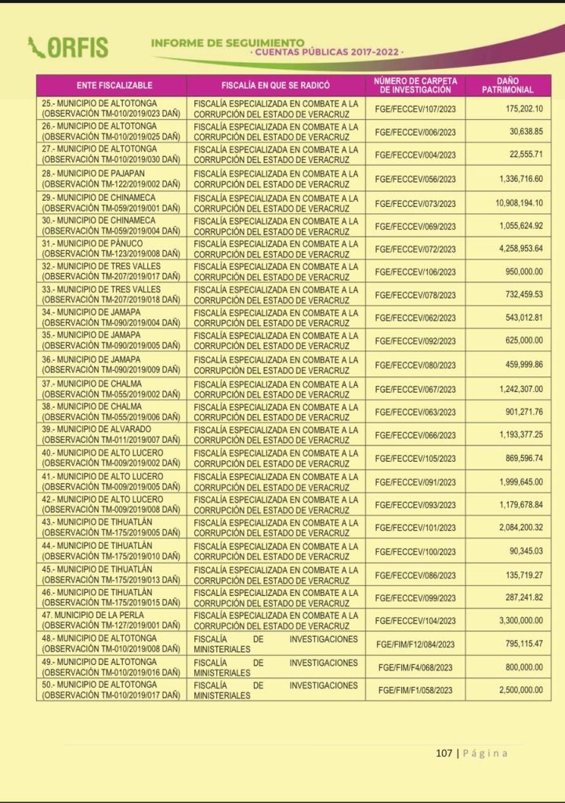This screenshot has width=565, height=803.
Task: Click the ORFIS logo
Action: (68, 47)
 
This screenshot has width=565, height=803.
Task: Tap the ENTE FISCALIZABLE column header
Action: (114, 85)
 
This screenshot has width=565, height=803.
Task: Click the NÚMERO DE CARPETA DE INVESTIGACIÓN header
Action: (415, 85)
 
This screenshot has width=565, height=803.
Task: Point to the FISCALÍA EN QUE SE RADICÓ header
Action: (275, 85)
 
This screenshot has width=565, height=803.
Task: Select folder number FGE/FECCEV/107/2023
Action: (415, 108)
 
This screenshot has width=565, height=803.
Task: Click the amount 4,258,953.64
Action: (513, 249)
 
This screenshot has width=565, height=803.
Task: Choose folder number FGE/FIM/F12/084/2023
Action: (415, 644)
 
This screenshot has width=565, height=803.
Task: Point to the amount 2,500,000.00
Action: (513, 690)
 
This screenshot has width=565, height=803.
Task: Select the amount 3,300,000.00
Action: (513, 620)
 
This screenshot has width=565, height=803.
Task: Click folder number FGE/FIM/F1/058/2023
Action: (415, 690)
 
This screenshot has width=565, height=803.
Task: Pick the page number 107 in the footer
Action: (444, 754)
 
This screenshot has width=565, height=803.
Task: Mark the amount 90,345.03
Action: (520, 551)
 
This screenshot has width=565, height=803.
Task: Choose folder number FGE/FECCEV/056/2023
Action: (415, 180)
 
